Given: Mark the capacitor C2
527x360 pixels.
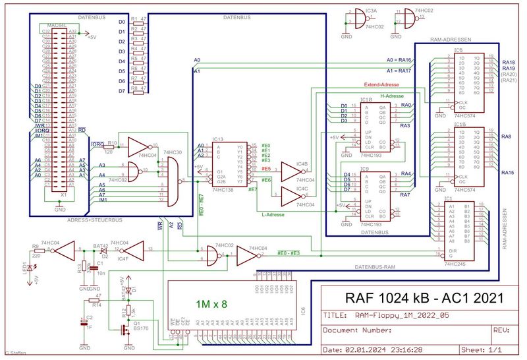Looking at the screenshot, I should tap(84, 323).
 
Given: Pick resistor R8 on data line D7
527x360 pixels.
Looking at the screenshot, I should tap(137, 90).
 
